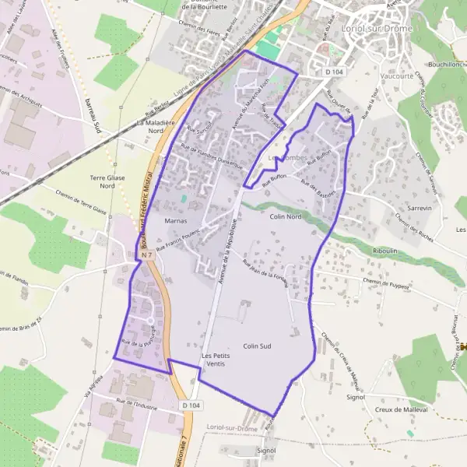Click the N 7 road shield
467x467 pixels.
click(147, 255)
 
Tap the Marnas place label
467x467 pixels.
click(177, 222)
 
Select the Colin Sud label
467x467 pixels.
click(256, 346)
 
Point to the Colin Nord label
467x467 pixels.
click(285, 217)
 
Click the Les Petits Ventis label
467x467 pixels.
click(217, 360)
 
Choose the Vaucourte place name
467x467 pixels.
click(377, 77)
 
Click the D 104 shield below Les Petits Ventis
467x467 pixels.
click(191, 406)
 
